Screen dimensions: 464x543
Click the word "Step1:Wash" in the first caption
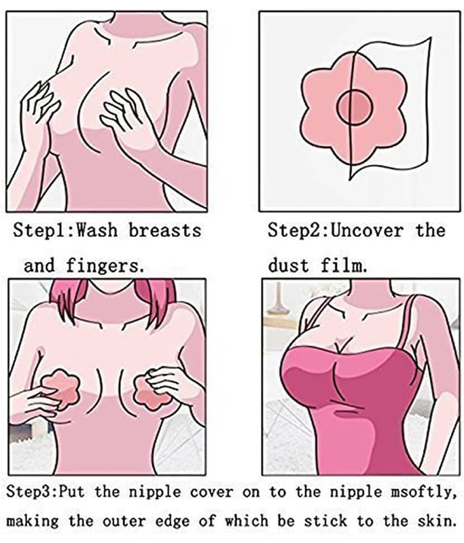[65, 230]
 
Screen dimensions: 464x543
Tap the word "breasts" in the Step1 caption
[165, 230]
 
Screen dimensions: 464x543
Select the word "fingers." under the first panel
[105, 266]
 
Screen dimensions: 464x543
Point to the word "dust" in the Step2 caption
[288, 265]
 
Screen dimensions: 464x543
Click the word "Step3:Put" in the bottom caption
[46, 491]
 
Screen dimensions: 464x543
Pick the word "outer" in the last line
[124, 521]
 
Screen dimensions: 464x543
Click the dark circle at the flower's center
[355, 108]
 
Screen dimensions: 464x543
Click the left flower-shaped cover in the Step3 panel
[59, 387]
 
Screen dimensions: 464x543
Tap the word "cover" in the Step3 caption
[212, 491]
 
